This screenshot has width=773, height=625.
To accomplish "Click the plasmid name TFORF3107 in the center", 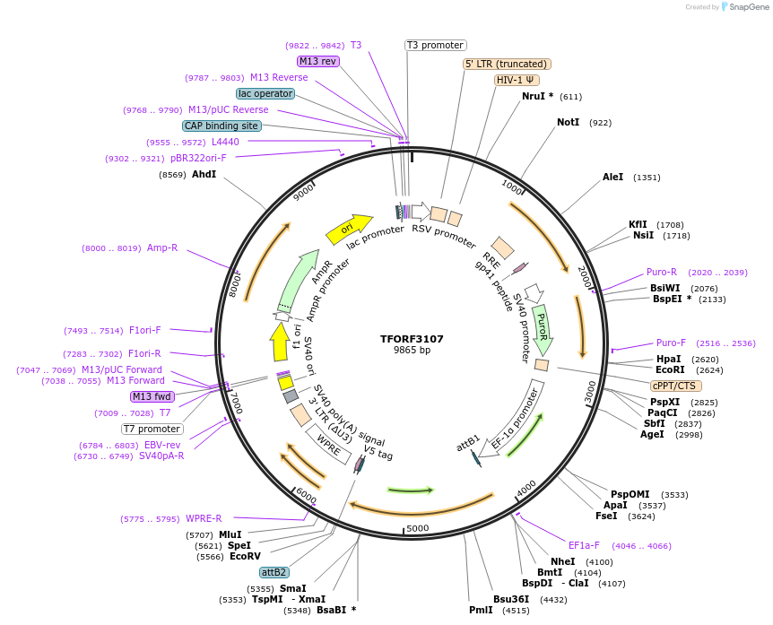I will (412, 339).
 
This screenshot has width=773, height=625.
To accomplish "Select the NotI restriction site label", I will (569, 122).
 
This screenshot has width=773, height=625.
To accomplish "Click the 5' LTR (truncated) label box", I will (507, 64).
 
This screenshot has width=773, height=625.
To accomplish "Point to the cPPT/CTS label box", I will (674, 386).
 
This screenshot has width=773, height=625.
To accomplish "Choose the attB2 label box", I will (274, 572).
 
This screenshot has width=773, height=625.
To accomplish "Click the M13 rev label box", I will (318, 61).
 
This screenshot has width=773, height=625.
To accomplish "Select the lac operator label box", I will (265, 93).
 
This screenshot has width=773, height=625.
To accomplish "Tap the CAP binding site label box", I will (221, 126).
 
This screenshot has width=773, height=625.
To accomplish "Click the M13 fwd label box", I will (151, 396).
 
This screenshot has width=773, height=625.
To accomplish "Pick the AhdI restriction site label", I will (204, 174).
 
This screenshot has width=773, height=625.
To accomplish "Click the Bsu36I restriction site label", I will (510, 599).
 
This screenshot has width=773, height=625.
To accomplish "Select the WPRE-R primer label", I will (204, 518).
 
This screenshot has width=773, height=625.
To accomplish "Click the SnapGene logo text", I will (746, 7).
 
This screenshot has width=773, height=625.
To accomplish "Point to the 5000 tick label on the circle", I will (418, 529).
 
